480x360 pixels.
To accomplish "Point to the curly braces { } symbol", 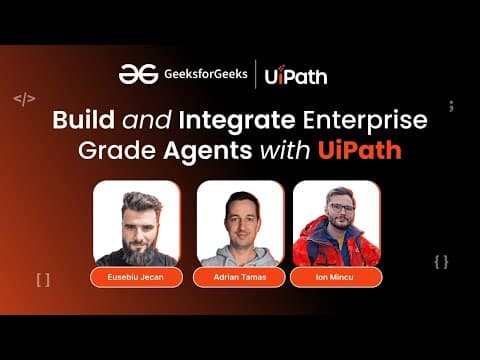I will (x=441, y=261).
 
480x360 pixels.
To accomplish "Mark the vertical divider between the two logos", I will (x=257, y=74).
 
